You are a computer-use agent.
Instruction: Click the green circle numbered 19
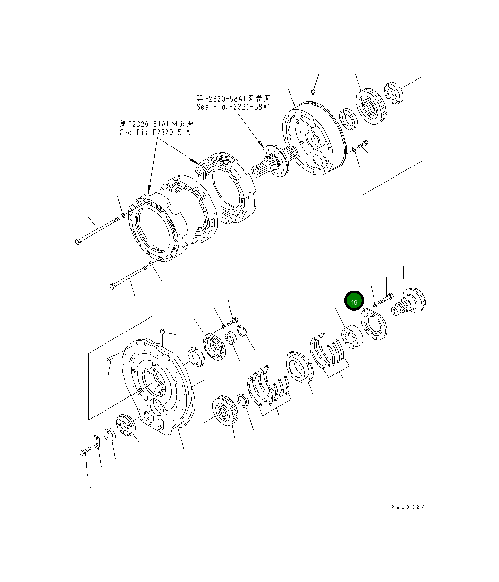click(x=354, y=302)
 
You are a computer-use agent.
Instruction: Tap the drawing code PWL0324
click(x=408, y=507)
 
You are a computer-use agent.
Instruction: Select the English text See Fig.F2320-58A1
click(x=233, y=107)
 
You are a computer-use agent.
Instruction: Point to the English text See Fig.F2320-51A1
click(x=156, y=132)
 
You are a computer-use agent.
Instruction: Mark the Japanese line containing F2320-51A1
click(x=156, y=124)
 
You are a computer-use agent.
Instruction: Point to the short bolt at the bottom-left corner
click(x=84, y=452)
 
